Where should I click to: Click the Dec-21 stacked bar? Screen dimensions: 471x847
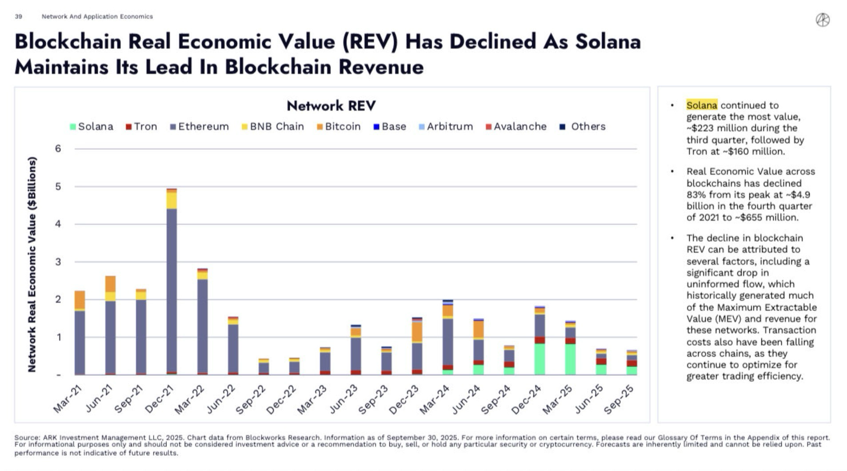coord(172,284)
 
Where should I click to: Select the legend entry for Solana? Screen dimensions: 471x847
coord(92,127)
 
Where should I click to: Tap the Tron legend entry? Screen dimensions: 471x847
coord(142,127)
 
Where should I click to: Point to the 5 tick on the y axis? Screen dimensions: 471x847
coord(58,187)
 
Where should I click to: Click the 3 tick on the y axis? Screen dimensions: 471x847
coord(58,262)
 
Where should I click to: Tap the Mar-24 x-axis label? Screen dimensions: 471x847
coord(434,399)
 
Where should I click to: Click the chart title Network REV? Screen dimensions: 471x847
coord(331,106)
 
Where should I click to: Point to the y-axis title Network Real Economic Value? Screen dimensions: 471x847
coord(32,264)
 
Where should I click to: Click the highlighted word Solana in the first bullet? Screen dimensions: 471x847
coord(702,105)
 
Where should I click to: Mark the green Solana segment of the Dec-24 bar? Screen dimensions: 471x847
coord(540,359)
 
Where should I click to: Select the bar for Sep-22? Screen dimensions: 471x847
coord(264,367)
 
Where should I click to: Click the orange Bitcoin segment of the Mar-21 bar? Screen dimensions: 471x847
coord(80,299)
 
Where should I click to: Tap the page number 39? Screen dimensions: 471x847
coord(18,16)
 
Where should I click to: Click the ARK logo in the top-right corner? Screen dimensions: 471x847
coord(823,20)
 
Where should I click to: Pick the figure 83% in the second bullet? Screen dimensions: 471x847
coord(696,195)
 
